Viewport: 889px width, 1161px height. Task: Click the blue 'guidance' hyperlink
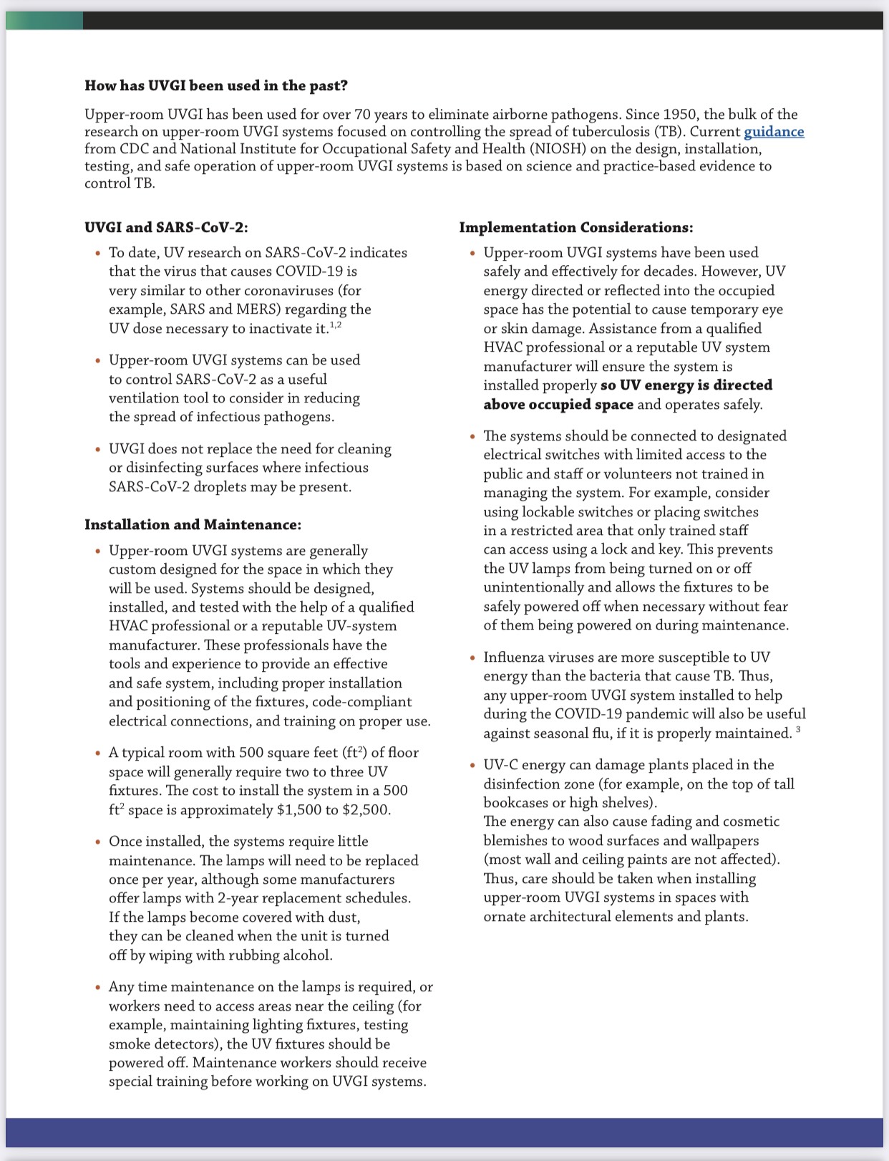pyautogui.click(x=774, y=132)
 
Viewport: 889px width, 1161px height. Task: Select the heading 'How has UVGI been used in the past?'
pyautogui.click(x=216, y=86)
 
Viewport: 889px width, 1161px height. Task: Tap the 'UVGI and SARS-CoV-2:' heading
pyautogui.click(x=166, y=228)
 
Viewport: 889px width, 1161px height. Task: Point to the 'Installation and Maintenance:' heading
pyautogui.click(x=193, y=525)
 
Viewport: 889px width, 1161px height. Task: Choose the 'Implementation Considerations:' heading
pyautogui.click(x=576, y=228)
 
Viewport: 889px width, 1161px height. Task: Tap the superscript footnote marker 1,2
pyautogui.click(x=336, y=326)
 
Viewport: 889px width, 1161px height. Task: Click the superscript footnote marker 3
pyautogui.click(x=798, y=730)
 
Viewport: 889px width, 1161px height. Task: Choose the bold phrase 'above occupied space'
pyautogui.click(x=558, y=405)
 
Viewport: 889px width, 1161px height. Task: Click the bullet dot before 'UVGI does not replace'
pyautogui.click(x=98, y=450)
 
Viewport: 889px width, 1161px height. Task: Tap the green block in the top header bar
pyautogui.click(x=44, y=21)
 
